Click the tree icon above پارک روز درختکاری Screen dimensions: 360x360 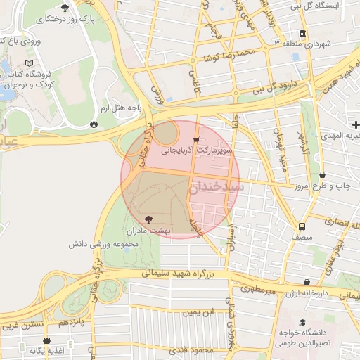pos(65,8)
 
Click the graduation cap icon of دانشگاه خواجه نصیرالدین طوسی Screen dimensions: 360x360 pos(307,321)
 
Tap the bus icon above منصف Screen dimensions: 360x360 pos(302,226)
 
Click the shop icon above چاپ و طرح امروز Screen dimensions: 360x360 pos(322,175)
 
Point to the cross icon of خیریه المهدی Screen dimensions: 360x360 pos(356,124)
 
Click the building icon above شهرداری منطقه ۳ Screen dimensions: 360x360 pos(302,34)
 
